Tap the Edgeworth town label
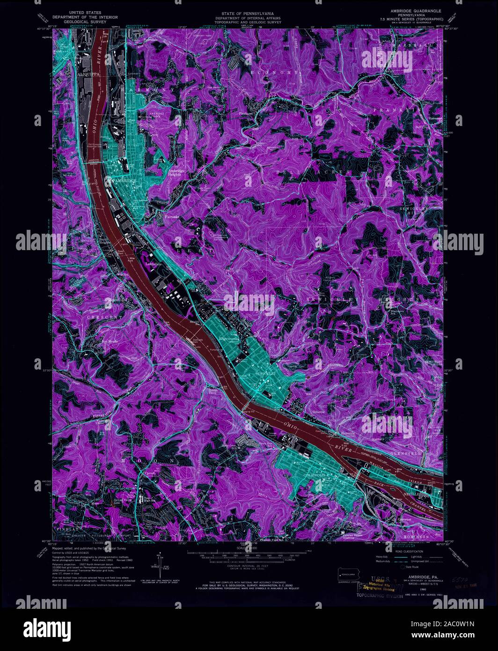(229, 338)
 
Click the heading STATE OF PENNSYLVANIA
(248, 10)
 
